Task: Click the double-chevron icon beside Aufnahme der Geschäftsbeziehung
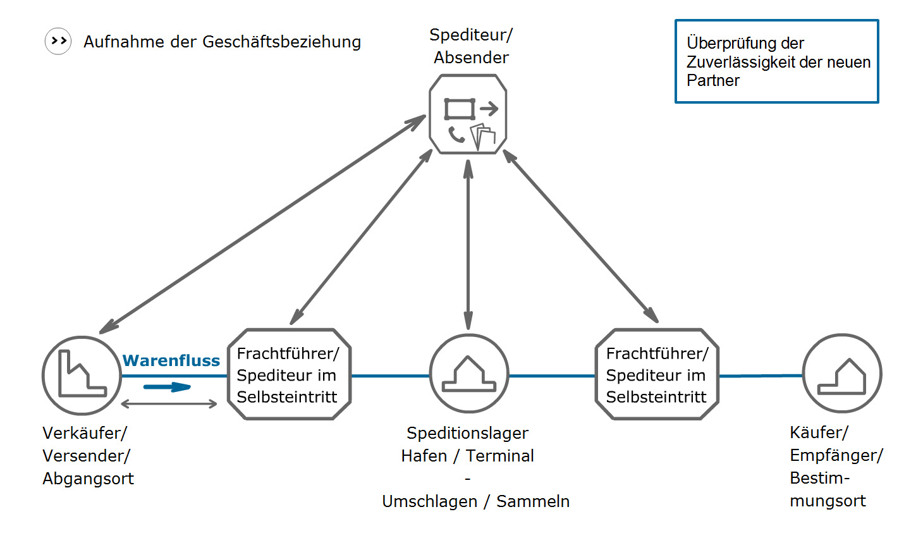[x=58, y=41]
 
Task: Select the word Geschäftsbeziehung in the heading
[x=281, y=42]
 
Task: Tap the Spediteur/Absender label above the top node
[x=471, y=46]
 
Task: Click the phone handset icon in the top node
[x=456, y=135]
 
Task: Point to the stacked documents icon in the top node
[x=483, y=137]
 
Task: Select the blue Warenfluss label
[x=171, y=360]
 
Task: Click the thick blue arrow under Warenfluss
[x=168, y=387]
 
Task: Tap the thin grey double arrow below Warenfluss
[x=169, y=404]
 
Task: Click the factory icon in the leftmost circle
[x=82, y=373]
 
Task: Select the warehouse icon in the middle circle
[x=468, y=374]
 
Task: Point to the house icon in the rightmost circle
[x=842, y=377]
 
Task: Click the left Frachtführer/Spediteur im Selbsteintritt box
[x=290, y=374]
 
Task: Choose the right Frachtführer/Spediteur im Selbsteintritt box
[x=657, y=374]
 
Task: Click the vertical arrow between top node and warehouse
[x=468, y=245]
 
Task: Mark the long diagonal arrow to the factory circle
[x=262, y=224]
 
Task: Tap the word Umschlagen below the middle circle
[x=429, y=502]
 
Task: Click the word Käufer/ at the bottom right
[x=819, y=432]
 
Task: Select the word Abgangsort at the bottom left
[x=88, y=479]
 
